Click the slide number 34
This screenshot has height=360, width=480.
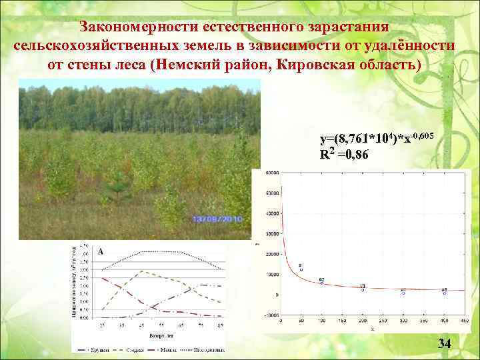tap(444, 344)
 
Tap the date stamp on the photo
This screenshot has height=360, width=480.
tap(217, 219)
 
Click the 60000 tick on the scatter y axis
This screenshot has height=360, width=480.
tap(272, 173)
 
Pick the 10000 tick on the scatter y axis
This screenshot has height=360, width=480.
tap(272, 275)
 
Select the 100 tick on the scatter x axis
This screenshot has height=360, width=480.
tap(321, 321)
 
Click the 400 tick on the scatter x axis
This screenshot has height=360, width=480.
tap(444, 321)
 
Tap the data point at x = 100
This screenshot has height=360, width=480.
tap(322, 283)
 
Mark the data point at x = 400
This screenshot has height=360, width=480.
tap(445, 293)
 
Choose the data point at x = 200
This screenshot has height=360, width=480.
tap(363, 289)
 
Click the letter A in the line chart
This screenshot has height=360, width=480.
tap(101, 251)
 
